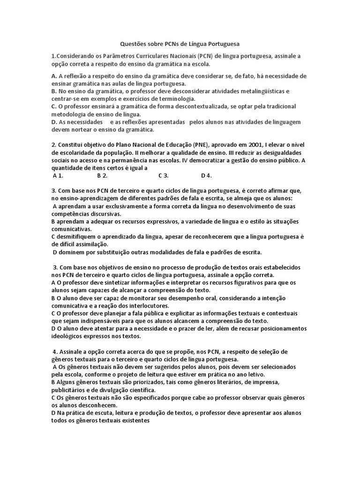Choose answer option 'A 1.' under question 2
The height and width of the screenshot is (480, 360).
(58, 176)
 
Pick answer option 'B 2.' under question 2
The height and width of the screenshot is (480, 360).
(102, 176)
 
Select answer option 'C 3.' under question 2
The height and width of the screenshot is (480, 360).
(164, 176)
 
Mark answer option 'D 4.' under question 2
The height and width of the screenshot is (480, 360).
(207, 176)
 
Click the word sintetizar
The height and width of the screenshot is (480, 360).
(120, 283)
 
